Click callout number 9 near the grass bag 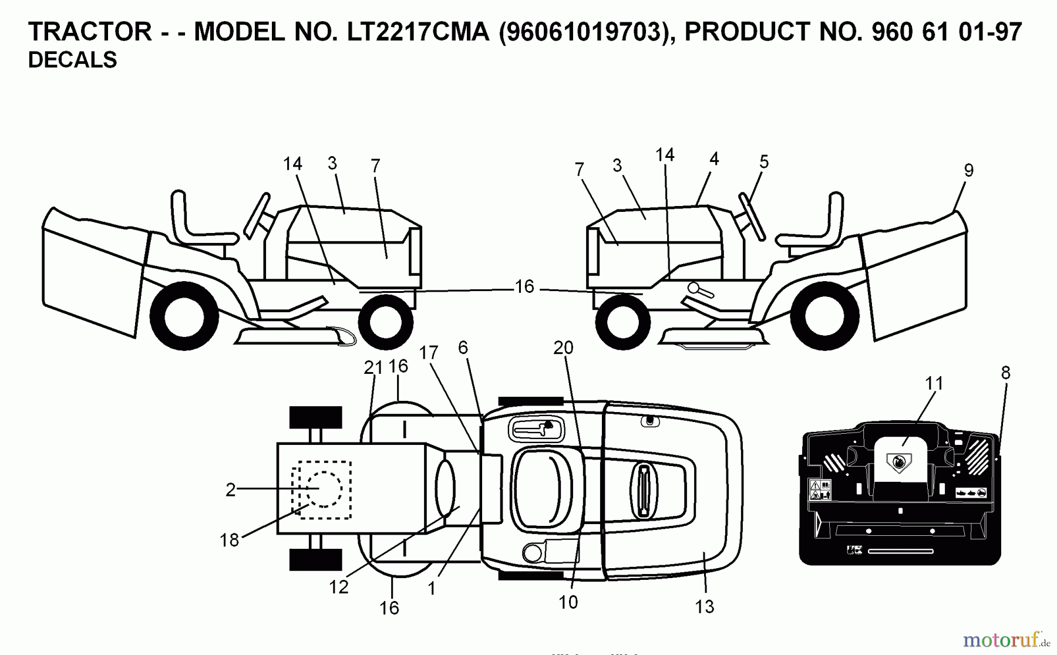pos(969,170)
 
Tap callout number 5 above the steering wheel pos(763,161)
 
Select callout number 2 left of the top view pos(231,489)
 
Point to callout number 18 pos(230,540)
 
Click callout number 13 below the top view pos(704,606)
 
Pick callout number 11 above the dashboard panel pos(934,383)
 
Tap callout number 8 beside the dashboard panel pos(1005,372)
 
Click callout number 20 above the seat pos(563,347)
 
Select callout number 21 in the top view pos(373,367)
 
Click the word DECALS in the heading pos(72,60)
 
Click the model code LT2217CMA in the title pos(418,32)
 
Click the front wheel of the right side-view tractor pos(623,322)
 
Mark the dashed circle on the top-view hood pos(323,489)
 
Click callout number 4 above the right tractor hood pos(713,158)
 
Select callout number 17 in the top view pos(429,353)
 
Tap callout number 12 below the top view pos(339,586)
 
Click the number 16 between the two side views pos(524,286)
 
